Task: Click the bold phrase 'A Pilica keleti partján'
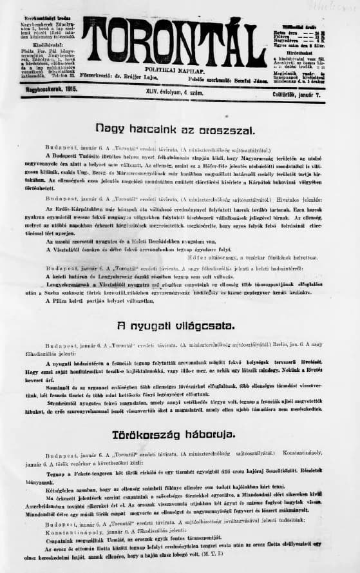pos(77,300)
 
